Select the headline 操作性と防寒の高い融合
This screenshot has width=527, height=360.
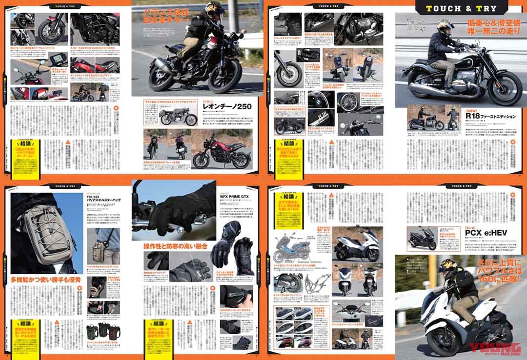pos(175,244)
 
